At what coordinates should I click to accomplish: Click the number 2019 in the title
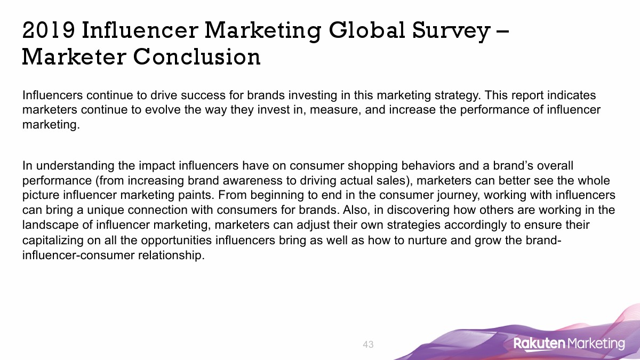coord(49,30)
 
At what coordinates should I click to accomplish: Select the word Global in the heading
coord(367,30)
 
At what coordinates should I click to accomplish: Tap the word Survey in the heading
coord(451,31)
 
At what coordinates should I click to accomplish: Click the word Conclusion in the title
coord(197,57)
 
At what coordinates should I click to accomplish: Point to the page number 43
coord(368,345)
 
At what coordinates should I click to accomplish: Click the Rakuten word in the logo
coord(539,343)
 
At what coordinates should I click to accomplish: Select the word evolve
coord(163,110)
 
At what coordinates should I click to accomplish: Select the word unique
coord(106,210)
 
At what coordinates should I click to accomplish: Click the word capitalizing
coord(53,241)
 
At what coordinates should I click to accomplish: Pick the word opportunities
coord(177,241)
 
